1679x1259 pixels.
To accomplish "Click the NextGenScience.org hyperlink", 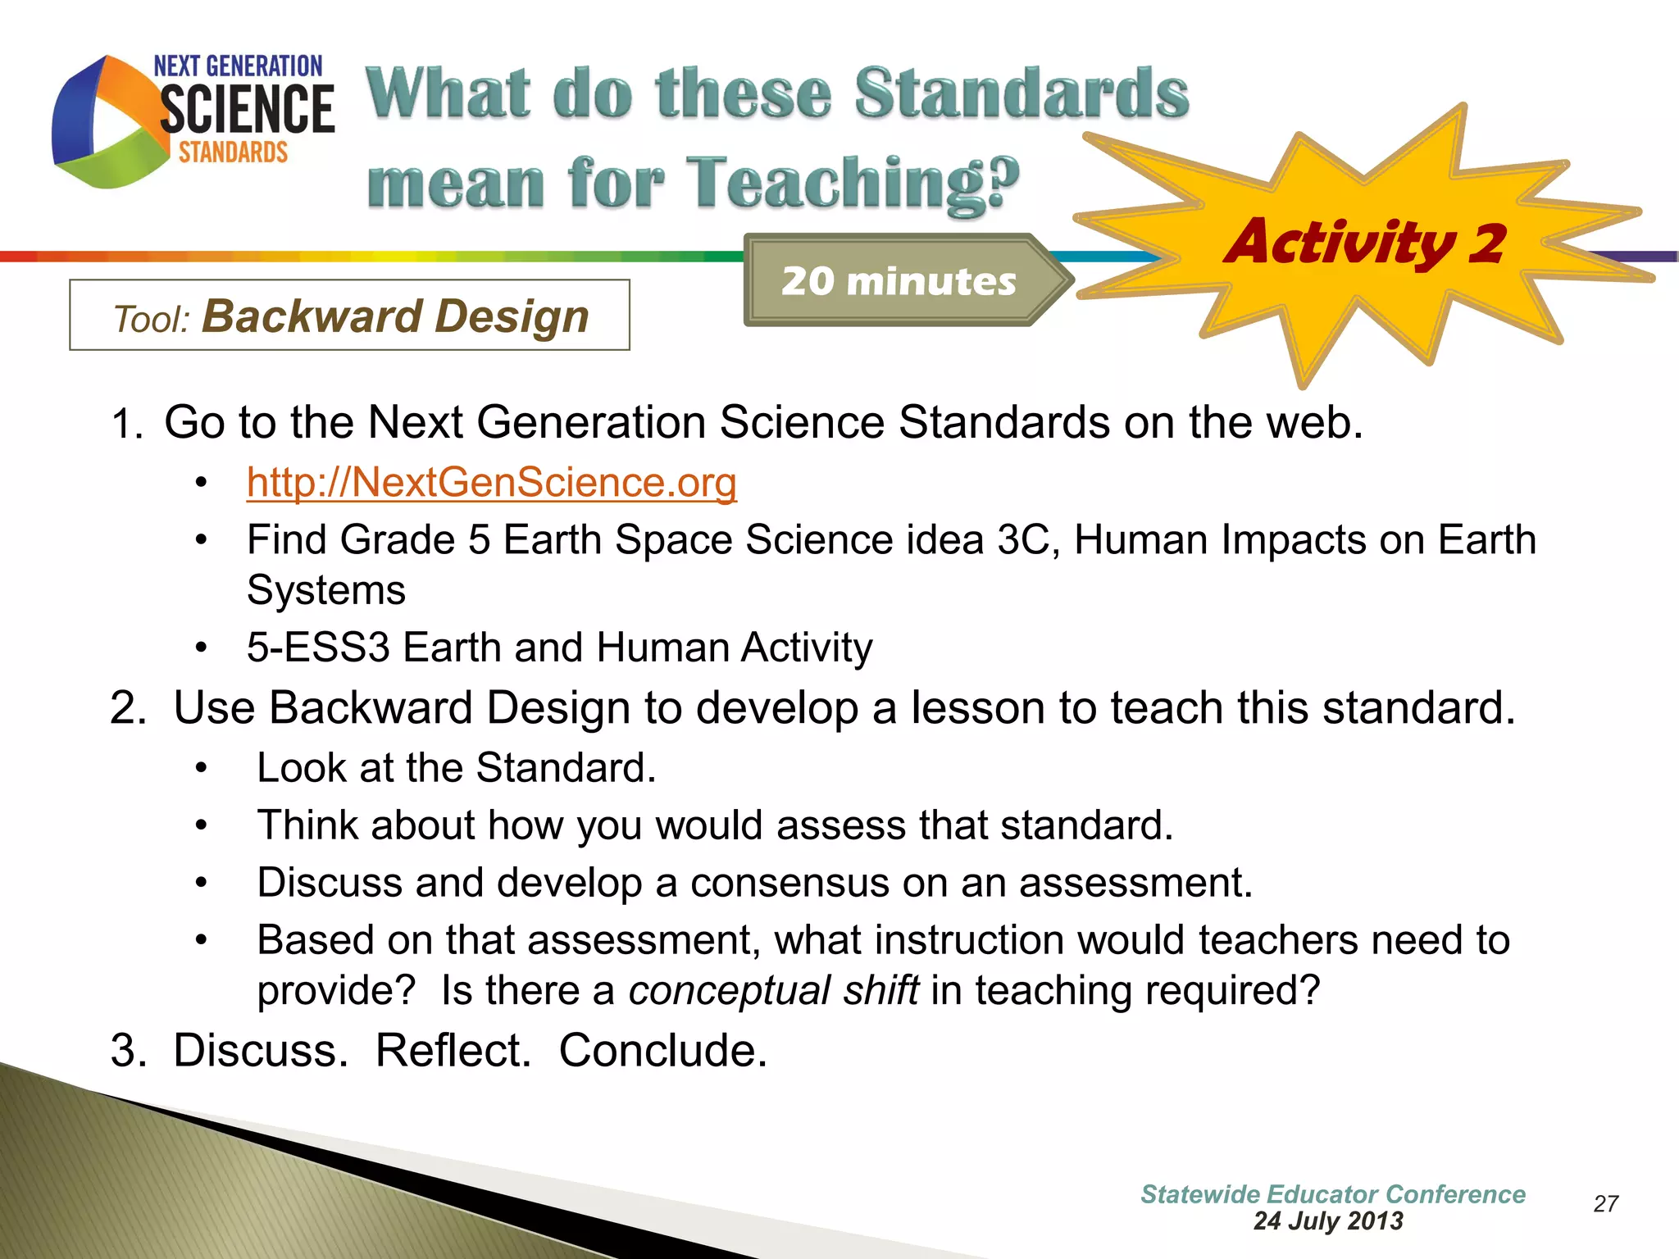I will pyautogui.click(x=491, y=482).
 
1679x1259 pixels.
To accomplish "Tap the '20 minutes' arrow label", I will pyautogui.click(x=899, y=281).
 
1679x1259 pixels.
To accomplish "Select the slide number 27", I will pyautogui.click(x=1605, y=1203).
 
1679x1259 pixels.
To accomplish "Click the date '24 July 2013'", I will pyautogui.click(x=1328, y=1221).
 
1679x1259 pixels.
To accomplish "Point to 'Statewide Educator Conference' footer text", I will pyautogui.click(x=1332, y=1194).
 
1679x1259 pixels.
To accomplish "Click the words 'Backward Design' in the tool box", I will pyautogui.click(x=395, y=316).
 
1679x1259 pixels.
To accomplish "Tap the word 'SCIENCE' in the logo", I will pyautogui.click(x=247, y=110).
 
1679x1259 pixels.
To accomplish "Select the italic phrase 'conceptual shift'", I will pyautogui.click(x=773, y=990).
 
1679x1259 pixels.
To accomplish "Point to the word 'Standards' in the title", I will pyautogui.click(x=1021, y=93).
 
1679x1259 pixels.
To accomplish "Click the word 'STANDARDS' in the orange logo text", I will pyautogui.click(x=234, y=152).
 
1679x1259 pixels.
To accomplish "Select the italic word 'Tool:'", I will pyautogui.click(x=152, y=320).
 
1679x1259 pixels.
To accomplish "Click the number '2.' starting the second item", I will pyautogui.click(x=129, y=708).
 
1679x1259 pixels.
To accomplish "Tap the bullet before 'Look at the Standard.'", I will pyautogui.click(x=202, y=769).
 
